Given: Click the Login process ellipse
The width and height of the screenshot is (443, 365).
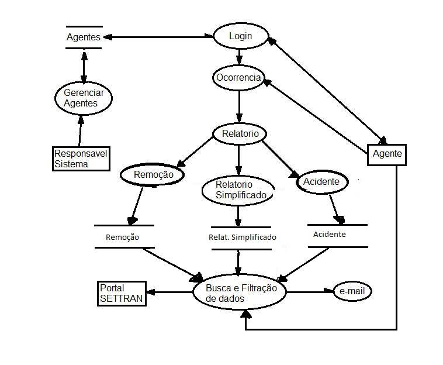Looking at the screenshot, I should click(240, 36).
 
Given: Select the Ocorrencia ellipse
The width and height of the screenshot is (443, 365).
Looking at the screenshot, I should click(238, 78).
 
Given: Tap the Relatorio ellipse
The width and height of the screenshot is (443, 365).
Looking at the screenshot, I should click(239, 134).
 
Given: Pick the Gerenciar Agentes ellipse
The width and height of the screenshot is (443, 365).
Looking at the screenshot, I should click(83, 98).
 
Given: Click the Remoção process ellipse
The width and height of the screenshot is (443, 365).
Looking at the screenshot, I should click(151, 174).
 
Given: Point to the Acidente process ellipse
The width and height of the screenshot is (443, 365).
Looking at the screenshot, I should click(321, 182).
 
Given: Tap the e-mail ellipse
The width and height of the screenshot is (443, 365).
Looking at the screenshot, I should click(352, 291).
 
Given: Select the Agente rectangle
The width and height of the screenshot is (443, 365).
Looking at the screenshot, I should click(387, 154).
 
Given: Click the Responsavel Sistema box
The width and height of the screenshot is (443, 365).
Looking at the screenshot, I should click(81, 159).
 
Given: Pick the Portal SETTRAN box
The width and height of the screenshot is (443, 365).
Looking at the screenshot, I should click(120, 293).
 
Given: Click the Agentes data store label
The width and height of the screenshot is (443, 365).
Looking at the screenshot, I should click(84, 37).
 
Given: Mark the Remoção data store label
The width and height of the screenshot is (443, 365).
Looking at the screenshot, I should click(123, 237).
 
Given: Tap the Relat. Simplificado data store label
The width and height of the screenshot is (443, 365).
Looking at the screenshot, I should click(242, 237).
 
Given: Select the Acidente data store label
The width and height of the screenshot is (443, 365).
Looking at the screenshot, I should click(330, 235).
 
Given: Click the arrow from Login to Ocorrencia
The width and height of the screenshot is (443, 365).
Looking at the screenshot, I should click(240, 56).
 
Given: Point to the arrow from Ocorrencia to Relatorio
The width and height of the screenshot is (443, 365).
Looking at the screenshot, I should click(239, 106).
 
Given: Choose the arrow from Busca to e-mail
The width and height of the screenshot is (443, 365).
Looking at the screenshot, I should click(309, 291).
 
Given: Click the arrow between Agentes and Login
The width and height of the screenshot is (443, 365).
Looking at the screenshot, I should click(158, 37).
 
